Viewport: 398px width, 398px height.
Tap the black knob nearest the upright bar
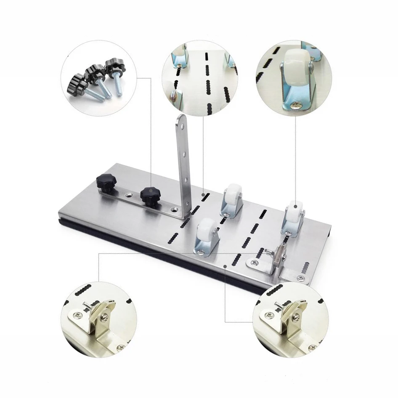(149, 194)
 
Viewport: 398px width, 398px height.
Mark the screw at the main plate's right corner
(299, 278)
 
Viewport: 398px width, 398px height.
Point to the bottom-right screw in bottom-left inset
(121, 348)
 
